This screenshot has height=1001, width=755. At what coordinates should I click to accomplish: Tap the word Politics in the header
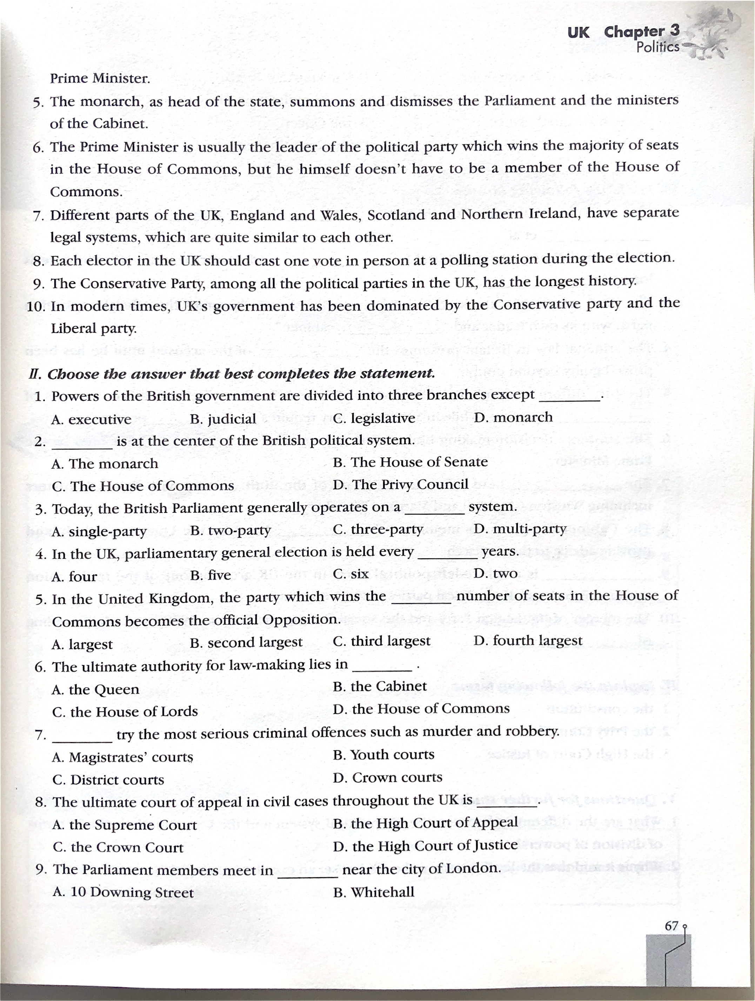tap(657, 47)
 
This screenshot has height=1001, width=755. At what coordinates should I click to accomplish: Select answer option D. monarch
tap(513, 417)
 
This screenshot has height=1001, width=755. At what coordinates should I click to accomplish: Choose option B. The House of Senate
tap(410, 462)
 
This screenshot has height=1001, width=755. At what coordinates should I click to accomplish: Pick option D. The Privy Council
tap(400, 485)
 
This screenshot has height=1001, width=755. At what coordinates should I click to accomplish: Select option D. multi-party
tap(520, 529)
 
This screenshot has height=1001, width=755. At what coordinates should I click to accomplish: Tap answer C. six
tap(350, 574)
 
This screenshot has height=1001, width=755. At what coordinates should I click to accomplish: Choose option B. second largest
tap(246, 642)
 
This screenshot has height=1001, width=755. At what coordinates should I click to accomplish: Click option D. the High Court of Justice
tap(425, 845)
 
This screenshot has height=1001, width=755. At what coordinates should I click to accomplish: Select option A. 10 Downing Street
tap(123, 892)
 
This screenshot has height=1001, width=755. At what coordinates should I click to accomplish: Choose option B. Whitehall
tap(373, 892)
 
